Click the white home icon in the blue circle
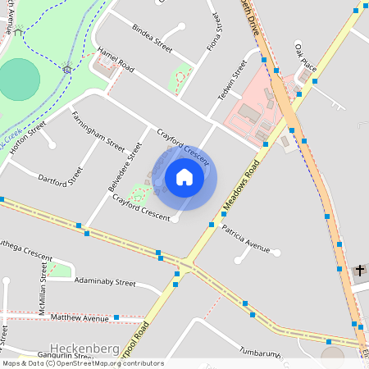coord(184,176)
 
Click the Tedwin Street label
coord(232,80)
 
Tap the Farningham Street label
coord(98,131)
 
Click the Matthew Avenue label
coord(79,317)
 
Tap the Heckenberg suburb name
coord(85,347)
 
